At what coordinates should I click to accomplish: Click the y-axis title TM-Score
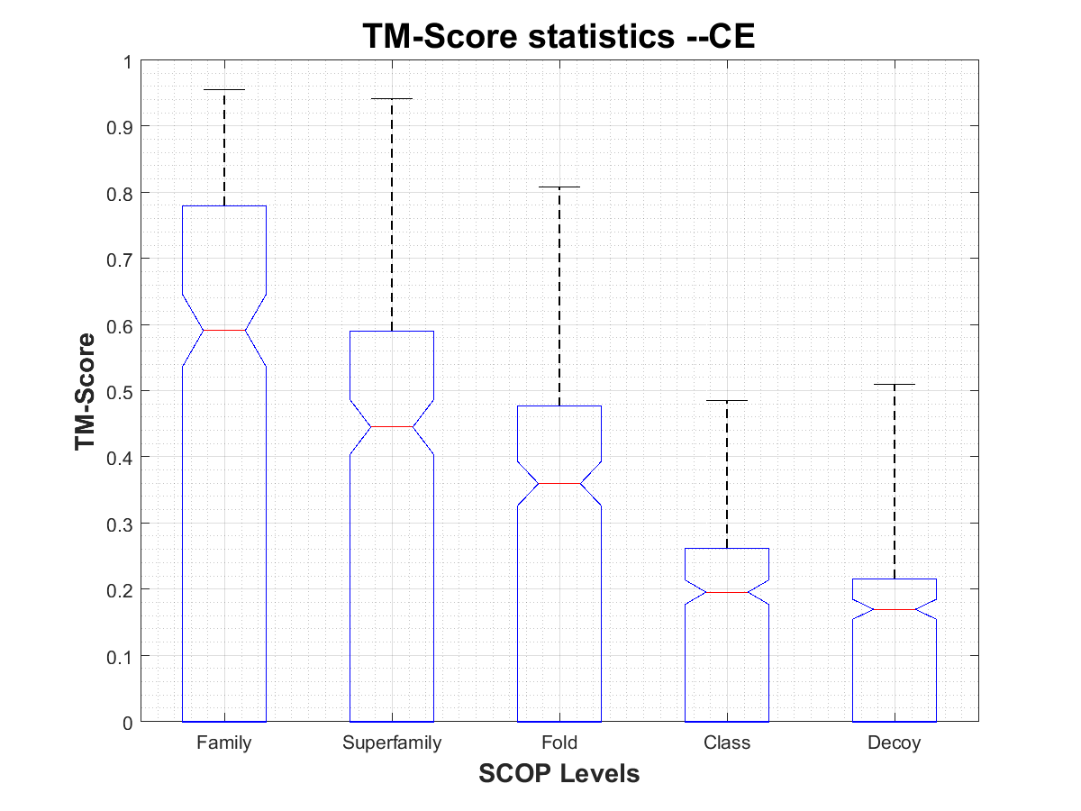coord(86,391)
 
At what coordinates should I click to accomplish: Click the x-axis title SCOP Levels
coord(559,773)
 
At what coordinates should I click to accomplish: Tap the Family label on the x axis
coord(223,743)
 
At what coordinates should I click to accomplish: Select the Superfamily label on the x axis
coord(392,743)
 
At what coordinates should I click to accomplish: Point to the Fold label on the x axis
coord(559,743)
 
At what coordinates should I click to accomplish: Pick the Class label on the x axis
coord(727,743)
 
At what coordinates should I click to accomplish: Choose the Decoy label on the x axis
coord(895,743)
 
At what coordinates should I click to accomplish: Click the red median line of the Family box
coord(223,330)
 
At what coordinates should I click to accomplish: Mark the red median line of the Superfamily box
coord(392,426)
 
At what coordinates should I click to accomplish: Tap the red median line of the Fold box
coord(559,484)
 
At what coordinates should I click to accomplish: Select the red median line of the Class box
coord(727,592)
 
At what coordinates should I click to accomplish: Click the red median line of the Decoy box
coord(895,610)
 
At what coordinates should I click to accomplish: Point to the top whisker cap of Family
coord(223,90)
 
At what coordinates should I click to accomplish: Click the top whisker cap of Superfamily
coord(392,99)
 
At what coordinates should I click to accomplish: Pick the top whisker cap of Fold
coord(559,187)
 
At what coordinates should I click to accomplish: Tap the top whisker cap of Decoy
coord(895,385)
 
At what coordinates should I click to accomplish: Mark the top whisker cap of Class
coord(727,401)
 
